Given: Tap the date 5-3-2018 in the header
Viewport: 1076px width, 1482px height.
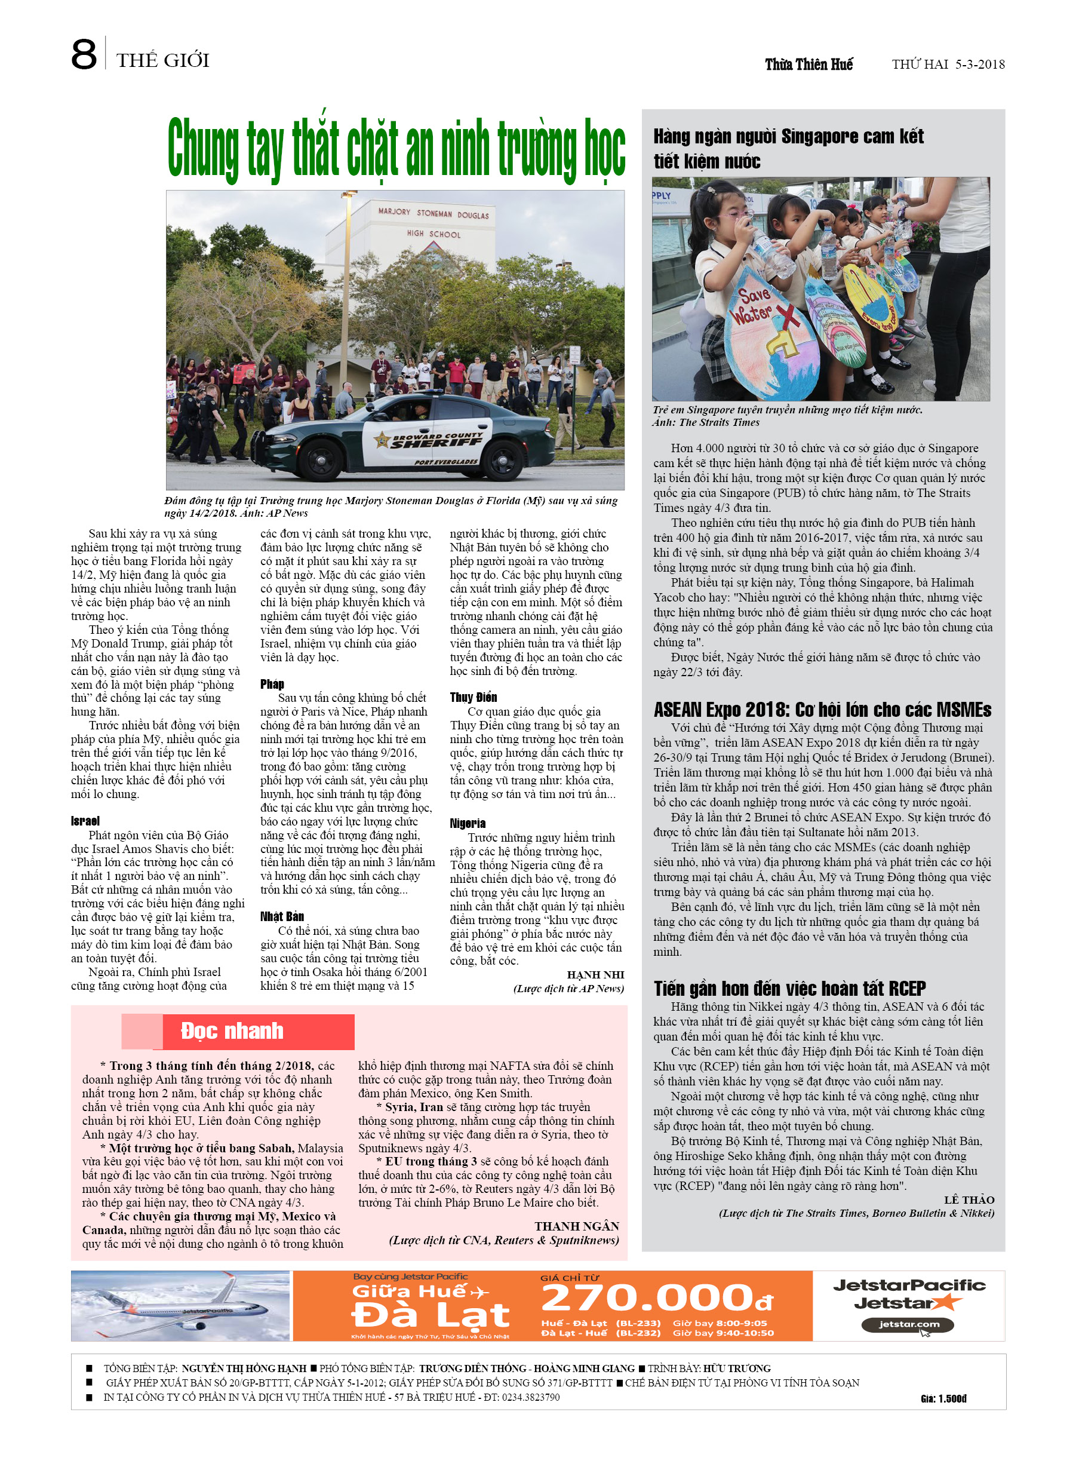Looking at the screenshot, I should [979, 64].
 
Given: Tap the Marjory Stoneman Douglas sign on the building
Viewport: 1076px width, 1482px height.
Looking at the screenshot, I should [433, 214].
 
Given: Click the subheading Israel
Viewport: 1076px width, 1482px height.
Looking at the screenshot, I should [85, 821].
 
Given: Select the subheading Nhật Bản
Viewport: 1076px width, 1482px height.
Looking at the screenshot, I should [282, 916].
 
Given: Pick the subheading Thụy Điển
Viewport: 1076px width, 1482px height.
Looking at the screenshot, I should [473, 696].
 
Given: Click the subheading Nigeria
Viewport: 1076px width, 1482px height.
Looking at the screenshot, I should [467, 823].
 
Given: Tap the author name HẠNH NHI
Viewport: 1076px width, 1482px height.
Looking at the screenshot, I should [595, 974].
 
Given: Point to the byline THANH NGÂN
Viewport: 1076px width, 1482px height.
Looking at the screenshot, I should [576, 1226].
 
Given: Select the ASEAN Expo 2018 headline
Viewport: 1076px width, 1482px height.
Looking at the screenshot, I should [822, 710].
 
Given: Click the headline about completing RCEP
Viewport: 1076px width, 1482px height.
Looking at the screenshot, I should [789, 988].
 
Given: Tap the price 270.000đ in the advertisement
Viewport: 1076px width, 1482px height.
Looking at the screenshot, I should [657, 1298].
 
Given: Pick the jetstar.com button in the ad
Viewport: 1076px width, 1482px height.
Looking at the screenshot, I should [908, 1324].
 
